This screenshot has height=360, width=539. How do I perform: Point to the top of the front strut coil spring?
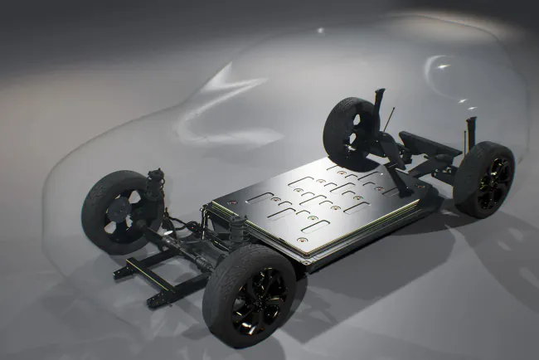coord(155,175)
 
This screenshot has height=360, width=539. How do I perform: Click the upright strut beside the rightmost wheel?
coord(471,132)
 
